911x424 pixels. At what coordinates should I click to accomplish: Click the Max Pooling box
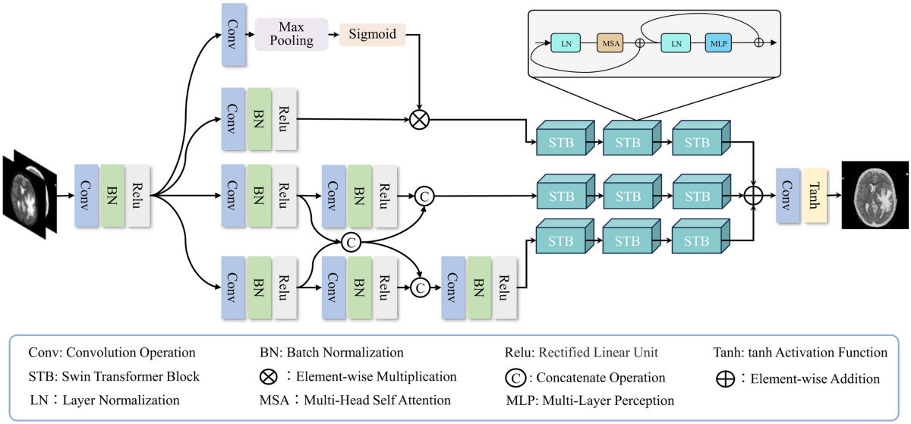[292, 34]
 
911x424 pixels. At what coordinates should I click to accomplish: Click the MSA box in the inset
[609, 43]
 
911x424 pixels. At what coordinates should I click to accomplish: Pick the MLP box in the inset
[718, 43]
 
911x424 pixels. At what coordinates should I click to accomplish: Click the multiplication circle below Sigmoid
[419, 119]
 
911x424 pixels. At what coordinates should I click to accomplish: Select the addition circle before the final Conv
[753, 195]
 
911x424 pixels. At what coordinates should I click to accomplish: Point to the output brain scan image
[875, 195]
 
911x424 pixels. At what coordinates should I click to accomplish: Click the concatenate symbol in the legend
[516, 377]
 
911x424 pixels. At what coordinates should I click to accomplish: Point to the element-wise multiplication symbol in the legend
[268, 377]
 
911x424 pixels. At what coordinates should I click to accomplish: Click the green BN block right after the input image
[112, 195]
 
